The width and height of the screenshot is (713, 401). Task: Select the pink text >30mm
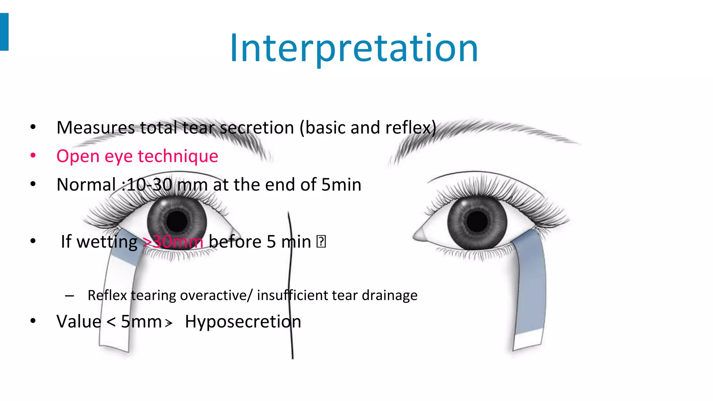[173, 242]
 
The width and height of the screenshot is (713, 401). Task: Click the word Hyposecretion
[243, 322]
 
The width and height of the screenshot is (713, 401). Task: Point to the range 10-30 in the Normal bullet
[149, 185]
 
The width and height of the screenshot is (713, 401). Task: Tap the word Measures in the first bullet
[95, 128]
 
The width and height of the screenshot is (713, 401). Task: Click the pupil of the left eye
[177, 221]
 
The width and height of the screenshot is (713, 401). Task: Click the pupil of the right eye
[477, 221]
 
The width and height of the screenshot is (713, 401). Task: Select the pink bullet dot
[33, 156]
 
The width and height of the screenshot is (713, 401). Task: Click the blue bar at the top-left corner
[4, 32]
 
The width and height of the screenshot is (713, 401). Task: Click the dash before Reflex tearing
[69, 296]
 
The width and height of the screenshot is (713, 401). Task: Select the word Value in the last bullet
[79, 322]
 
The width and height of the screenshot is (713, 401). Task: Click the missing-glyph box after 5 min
[321, 242]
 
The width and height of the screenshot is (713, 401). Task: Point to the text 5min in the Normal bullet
[341, 185]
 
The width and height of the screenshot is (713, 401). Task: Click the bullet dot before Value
[33, 321]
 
